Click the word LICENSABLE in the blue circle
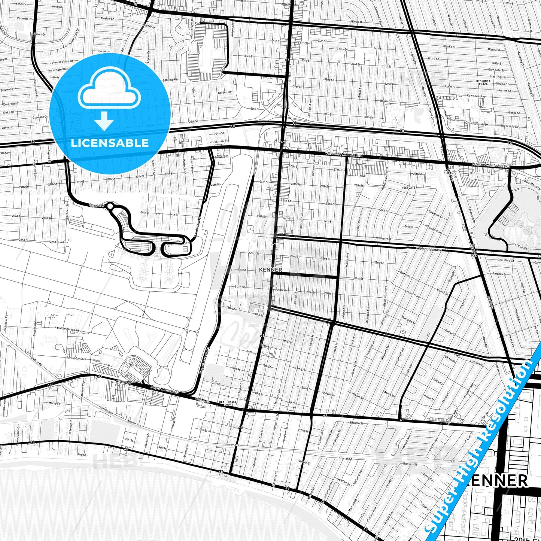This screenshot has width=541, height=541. (x=110, y=143)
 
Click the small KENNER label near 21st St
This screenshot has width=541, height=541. (x=270, y=270)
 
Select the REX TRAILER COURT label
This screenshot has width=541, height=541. (x=228, y=403)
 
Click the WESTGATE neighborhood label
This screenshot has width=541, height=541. (x=408, y=188)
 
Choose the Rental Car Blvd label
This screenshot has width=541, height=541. (x=76, y=358)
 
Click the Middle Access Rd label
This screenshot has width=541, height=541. (x=68, y=329)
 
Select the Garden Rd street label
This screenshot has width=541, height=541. (x=225, y=92)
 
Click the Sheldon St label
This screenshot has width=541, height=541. (x=356, y=423)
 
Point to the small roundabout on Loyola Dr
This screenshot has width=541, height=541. (x=110, y=206)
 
